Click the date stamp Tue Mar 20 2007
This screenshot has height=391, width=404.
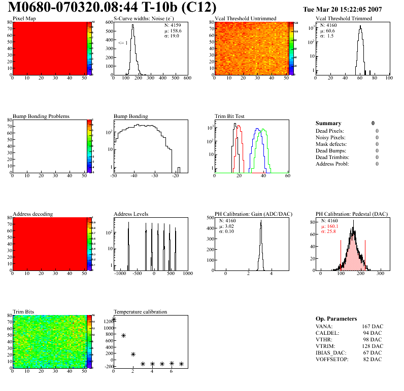(342, 10)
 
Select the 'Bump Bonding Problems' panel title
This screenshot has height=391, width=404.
(41, 116)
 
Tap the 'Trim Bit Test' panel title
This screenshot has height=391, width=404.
(229, 116)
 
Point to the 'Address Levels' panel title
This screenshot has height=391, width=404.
(131, 214)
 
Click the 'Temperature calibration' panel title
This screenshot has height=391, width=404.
(140, 311)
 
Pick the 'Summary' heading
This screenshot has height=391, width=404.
(328, 123)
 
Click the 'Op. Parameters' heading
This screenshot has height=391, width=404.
(336, 319)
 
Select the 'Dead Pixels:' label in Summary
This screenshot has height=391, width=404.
(330, 131)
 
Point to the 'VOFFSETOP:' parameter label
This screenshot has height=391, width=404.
(331, 359)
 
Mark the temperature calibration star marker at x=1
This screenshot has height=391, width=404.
(124, 335)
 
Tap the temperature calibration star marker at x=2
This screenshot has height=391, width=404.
(133, 355)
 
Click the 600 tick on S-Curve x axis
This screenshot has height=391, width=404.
(187, 79)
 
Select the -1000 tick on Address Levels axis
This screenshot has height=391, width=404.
(120, 273)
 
